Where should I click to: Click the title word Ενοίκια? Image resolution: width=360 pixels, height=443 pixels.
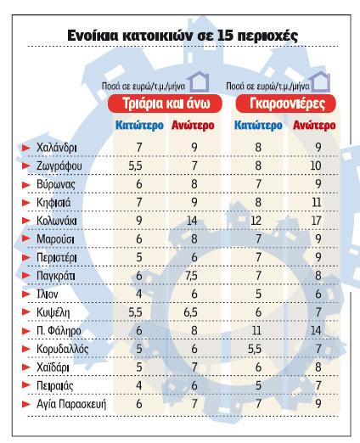101,36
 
